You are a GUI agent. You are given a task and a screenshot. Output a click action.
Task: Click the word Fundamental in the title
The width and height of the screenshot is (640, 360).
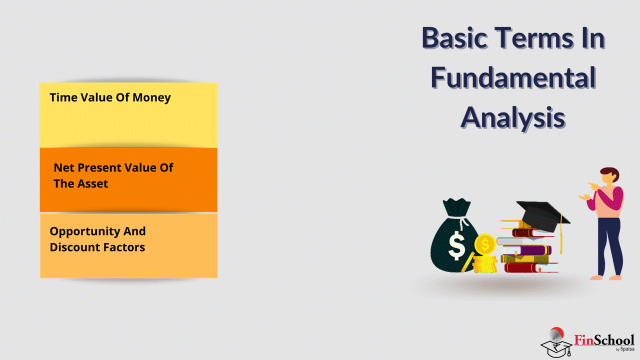tap(513, 77)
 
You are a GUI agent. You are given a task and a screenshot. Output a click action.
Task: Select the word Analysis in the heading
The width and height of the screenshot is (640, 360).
tap(513, 117)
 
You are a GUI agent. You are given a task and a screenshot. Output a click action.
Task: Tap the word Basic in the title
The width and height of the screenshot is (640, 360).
tap(454, 37)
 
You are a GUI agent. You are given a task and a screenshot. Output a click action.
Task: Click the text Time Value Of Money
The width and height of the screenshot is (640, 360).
tap(110, 97)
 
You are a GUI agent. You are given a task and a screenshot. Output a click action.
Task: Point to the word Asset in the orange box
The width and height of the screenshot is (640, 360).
tap(93, 183)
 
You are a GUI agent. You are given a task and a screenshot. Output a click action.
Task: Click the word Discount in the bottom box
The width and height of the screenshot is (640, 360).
tap(74, 247)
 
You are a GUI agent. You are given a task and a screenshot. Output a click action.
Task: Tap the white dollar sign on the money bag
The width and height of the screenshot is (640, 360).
tap(456, 245)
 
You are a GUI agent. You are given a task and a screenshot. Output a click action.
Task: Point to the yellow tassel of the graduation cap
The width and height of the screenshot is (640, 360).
tap(561, 234)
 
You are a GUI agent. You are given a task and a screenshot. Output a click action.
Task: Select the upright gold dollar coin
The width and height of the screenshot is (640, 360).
tap(485, 244)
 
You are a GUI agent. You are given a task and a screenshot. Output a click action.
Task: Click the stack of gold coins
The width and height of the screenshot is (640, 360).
tap(485, 264)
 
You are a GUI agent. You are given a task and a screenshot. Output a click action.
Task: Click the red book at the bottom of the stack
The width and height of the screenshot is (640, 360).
tap(531, 267)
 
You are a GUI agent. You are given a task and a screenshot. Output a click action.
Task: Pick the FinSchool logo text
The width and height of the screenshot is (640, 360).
tap(604, 340)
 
